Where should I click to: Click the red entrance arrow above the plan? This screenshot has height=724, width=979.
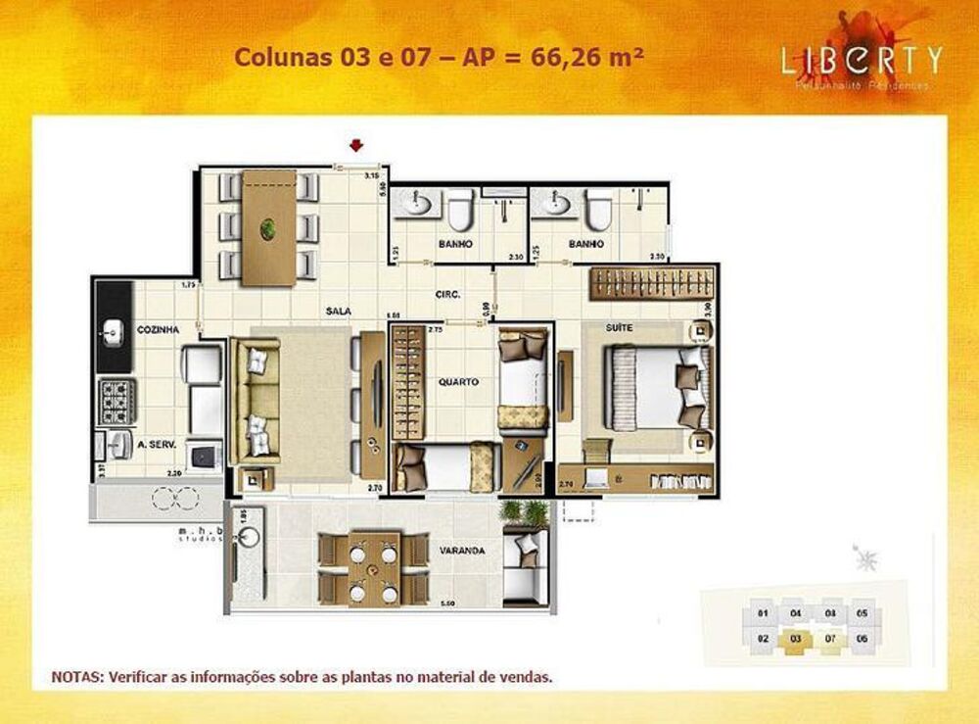coord(356,145)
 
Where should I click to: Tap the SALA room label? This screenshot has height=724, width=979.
coord(339,310)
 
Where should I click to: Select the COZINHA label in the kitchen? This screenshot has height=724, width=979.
coord(158,330)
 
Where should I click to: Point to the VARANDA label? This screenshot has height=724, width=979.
coord(463,551)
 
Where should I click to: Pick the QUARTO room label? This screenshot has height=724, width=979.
coord(459,382)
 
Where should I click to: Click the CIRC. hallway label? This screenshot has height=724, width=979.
coord(449,294)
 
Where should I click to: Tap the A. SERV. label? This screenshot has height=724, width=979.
coord(157,444)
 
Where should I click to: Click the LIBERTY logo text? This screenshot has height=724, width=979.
coord(862,60)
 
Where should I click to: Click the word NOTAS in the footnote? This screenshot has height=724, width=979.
coord(77,676)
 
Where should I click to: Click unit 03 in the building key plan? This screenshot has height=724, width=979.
coord(796,638)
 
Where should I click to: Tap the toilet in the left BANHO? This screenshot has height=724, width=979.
coord(459,208)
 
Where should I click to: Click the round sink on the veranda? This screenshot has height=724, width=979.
coord(248,538)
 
